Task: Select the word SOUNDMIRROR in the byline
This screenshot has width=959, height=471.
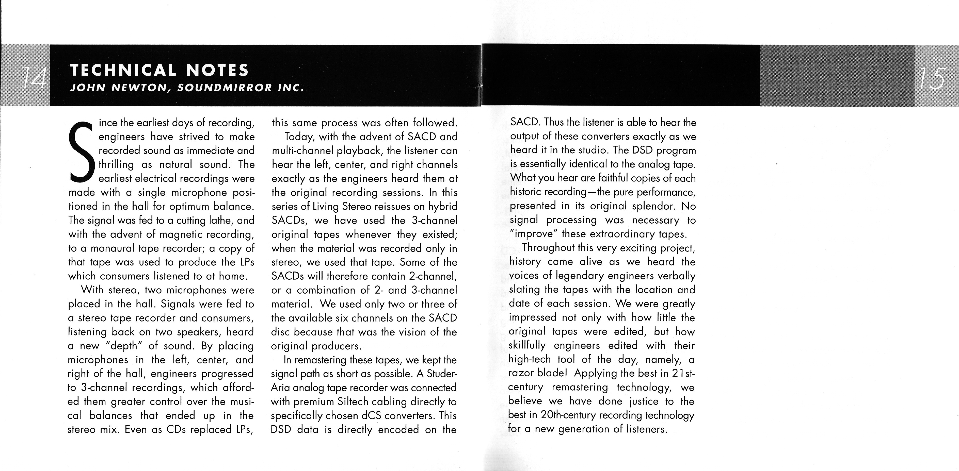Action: click(225, 88)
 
